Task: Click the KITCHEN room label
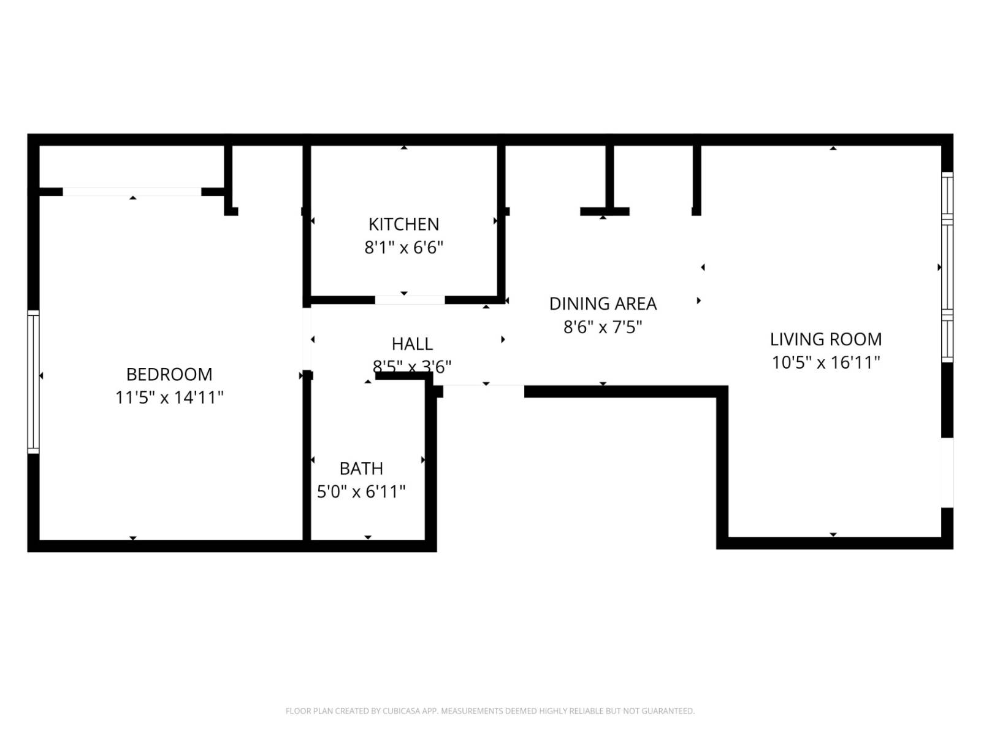click(x=403, y=224)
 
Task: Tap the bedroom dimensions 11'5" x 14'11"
click(x=169, y=397)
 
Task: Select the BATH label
click(x=361, y=469)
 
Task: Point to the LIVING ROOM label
click(x=825, y=339)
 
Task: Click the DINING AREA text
click(x=603, y=304)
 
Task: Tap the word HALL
click(x=412, y=343)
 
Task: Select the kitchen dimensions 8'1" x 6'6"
click(x=403, y=248)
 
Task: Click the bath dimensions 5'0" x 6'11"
click(x=361, y=492)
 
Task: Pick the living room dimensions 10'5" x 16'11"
click(x=825, y=362)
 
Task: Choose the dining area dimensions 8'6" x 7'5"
click(x=603, y=327)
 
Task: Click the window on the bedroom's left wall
click(x=33, y=381)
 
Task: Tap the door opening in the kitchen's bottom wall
click(x=410, y=300)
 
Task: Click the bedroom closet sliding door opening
click(x=132, y=192)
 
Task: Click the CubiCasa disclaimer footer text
click(x=490, y=711)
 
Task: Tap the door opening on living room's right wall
click(x=947, y=472)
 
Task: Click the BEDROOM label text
click(x=169, y=374)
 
